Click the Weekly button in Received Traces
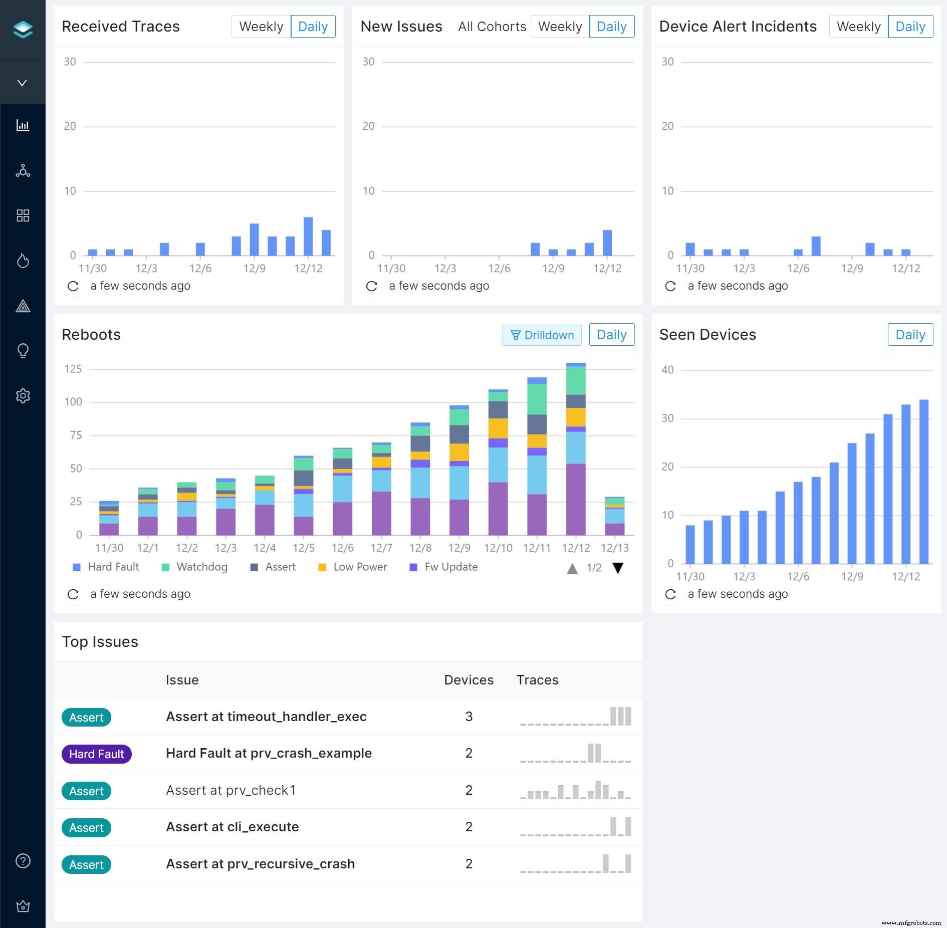pos(261,27)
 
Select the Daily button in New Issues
pos(611,27)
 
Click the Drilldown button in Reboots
pos(542,335)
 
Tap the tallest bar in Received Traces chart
pos(308,237)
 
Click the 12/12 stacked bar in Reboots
pos(576,451)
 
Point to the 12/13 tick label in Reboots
pos(614,548)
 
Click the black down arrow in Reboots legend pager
pos(618,568)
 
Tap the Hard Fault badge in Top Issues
pos(96,754)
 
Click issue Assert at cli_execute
pos(232,827)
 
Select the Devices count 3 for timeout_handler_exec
pos(468,717)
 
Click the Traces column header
pos(537,680)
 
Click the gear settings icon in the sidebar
pos(23,396)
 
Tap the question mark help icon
pos(23,861)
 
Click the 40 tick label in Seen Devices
pos(667,370)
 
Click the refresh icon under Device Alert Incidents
pos(670,286)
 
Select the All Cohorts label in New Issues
pos(492,27)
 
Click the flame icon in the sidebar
pos(23,261)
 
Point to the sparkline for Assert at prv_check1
pos(575,791)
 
